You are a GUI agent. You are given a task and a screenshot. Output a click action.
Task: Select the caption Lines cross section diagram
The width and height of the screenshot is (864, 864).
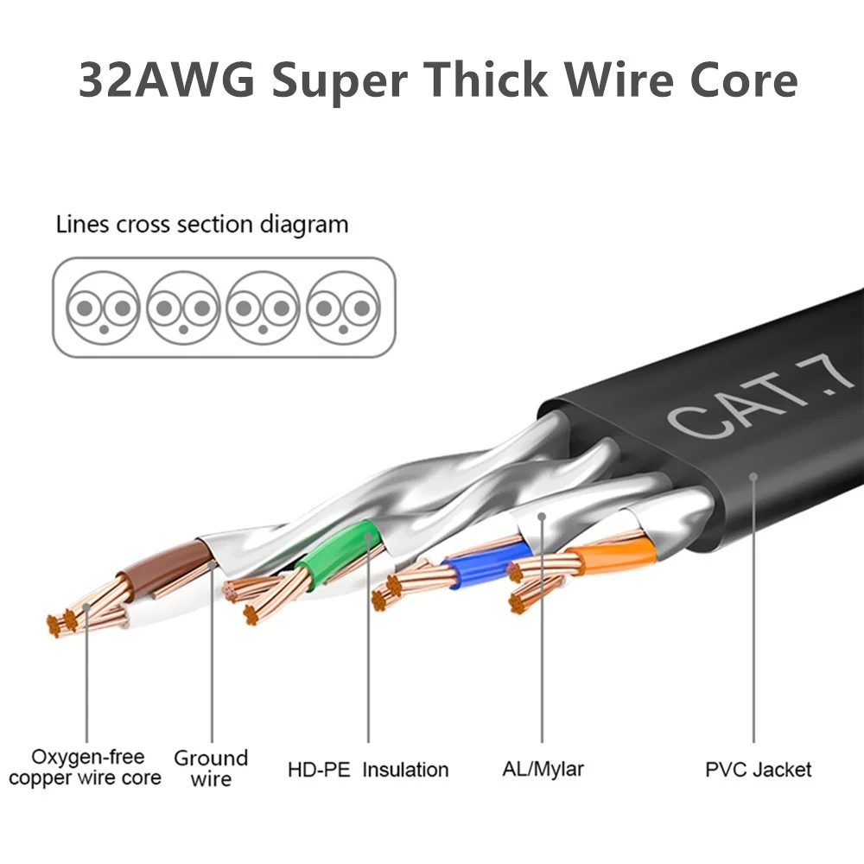[x=202, y=226]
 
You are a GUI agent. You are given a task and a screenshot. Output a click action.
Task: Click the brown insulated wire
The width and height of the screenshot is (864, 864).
[x=164, y=566]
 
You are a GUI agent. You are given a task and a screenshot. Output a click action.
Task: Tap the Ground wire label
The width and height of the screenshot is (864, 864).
[x=211, y=768]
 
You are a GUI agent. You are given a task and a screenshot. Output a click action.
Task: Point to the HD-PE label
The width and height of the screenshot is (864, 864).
[x=319, y=769]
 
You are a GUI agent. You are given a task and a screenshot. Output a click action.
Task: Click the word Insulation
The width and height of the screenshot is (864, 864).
[x=405, y=769]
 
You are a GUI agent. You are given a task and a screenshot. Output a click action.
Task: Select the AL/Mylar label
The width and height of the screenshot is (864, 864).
[x=543, y=768]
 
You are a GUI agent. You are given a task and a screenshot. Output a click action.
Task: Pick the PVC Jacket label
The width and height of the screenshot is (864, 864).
[x=758, y=769]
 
